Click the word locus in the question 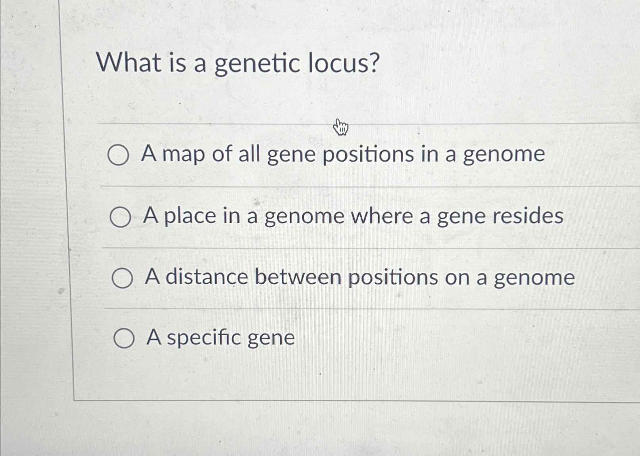343,63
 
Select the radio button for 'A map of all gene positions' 118,155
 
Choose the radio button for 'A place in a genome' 120,218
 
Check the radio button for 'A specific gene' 124,339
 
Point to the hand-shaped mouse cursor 340,127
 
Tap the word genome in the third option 534,278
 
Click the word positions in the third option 393,278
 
